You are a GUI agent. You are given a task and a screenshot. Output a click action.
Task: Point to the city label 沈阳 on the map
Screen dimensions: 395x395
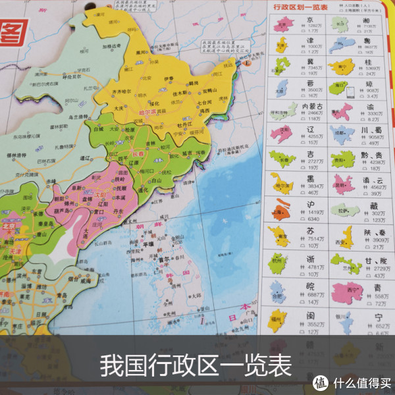coord(102,196)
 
